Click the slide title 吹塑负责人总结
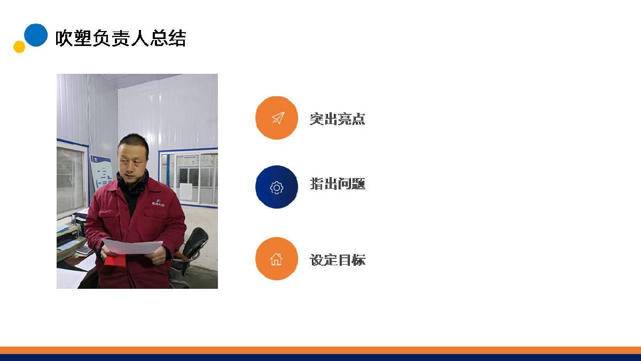point(121,38)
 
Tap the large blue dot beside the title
point(36,35)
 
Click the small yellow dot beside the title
point(19,47)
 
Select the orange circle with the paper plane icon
point(277,118)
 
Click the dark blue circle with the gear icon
point(277,187)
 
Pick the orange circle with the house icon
point(277,258)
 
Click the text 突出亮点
point(338,119)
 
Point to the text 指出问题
point(338,183)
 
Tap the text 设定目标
point(338,260)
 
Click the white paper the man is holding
point(132,247)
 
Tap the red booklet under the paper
point(115,260)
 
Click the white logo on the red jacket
point(158,203)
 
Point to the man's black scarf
point(132,183)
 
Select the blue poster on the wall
point(101,172)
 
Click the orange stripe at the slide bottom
point(320,350)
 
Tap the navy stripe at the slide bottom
point(320,358)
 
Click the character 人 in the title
point(139,38)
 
